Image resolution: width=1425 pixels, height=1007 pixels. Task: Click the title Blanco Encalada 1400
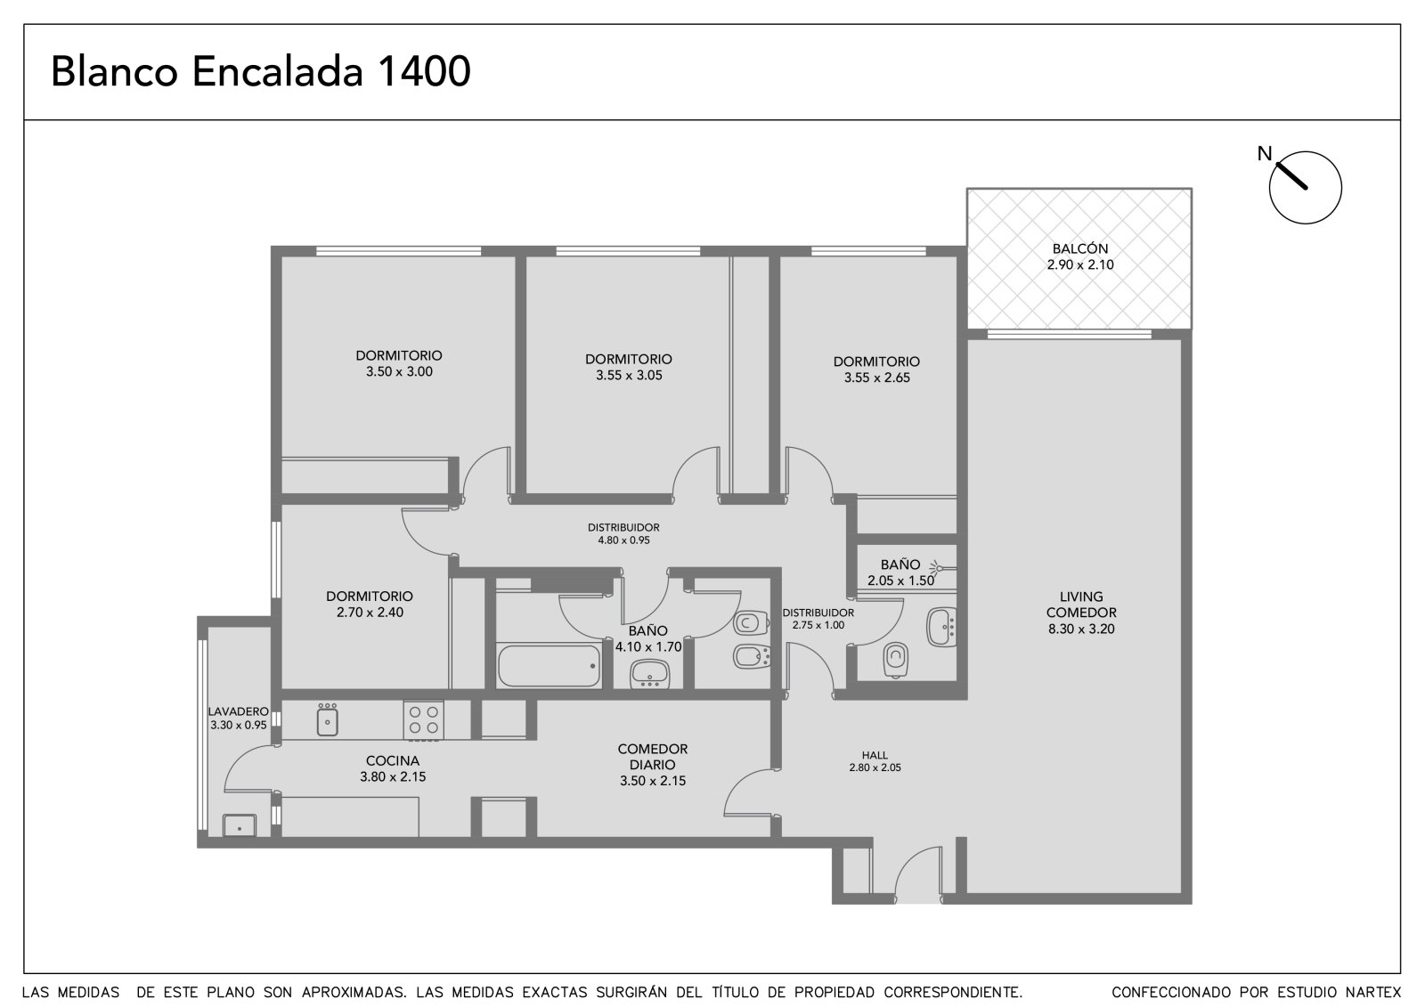coord(261,71)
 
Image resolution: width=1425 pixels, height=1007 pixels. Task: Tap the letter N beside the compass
coord(1264,154)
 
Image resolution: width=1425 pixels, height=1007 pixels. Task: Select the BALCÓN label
coord(1080,248)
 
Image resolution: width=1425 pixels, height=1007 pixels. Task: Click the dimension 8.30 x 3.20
coord(1081,629)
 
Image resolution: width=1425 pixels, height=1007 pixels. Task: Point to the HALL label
coord(875,755)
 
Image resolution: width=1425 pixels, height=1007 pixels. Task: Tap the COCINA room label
coord(393,761)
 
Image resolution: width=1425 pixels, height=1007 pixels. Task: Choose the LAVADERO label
coord(239,711)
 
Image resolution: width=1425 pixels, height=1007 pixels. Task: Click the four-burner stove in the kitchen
coord(424,720)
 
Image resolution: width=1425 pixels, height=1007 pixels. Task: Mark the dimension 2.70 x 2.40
coord(370,613)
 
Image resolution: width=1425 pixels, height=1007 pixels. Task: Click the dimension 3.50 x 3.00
coord(399,371)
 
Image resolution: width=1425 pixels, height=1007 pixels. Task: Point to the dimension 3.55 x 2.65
coord(876,378)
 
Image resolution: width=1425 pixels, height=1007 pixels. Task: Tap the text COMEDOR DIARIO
coord(653,757)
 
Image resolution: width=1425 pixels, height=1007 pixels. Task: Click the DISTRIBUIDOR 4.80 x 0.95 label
coord(623,533)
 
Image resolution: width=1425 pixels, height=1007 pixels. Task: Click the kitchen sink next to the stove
coord(327,720)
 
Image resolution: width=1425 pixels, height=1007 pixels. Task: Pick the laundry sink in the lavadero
coord(240,825)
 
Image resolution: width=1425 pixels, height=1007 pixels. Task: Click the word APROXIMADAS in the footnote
coord(354,993)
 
